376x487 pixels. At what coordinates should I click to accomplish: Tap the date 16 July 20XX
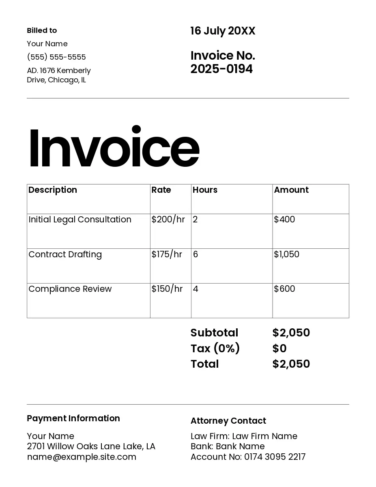pos(223,31)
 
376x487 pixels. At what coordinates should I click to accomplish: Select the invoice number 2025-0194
pos(221,69)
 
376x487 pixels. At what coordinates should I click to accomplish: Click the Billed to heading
pos(42,30)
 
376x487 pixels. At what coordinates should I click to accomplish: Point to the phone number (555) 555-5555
pos(56,57)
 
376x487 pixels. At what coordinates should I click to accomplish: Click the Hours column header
pos(205,190)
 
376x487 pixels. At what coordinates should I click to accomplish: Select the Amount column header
pos(291,190)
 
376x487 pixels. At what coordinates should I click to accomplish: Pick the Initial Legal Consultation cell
pos(80,220)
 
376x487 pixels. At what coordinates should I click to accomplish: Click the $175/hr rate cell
pos(167,254)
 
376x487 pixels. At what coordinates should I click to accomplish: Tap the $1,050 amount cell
pos(286,254)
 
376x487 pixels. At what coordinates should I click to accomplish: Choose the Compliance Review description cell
pos(70,289)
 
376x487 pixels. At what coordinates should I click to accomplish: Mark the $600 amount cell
pos(284,289)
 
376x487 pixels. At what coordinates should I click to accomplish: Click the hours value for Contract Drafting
pos(196,254)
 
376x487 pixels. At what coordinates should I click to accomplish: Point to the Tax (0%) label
pos(215,348)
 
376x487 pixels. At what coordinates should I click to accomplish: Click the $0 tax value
pos(279,348)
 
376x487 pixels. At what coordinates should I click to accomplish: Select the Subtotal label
pos(214,333)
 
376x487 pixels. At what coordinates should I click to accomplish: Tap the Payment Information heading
pos(73,418)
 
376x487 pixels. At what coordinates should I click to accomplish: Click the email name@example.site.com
pos(82,457)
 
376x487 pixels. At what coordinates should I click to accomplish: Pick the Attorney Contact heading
pos(228,421)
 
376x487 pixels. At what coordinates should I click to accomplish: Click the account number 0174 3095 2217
pos(275,457)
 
